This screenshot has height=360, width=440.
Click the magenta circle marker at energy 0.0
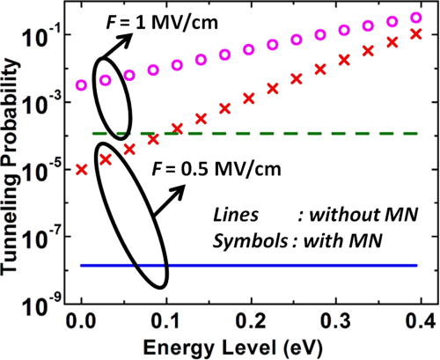click(82, 85)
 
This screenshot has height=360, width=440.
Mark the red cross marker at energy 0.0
click(82, 169)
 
